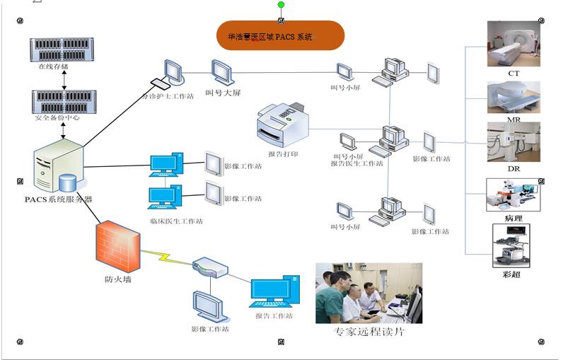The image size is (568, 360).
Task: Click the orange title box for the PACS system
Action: pyautogui.click(x=280, y=35)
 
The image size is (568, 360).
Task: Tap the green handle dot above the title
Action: pyautogui.click(x=281, y=5)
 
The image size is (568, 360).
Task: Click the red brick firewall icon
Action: pyautogui.click(x=116, y=245)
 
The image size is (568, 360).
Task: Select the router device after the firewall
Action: pyautogui.click(x=210, y=268)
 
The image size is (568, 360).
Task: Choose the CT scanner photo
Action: pyautogui.click(x=514, y=44)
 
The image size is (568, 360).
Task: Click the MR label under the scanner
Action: pyautogui.click(x=514, y=120)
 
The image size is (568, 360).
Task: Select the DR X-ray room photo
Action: pyautogui.click(x=514, y=141)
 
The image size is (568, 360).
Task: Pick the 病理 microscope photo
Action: pyautogui.click(x=514, y=194)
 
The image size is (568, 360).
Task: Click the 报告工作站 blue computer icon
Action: pyautogui.click(x=273, y=291)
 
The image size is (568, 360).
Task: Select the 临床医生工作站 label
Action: pyautogui.click(x=176, y=221)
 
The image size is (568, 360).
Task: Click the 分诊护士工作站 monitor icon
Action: pyautogui.click(x=170, y=72)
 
